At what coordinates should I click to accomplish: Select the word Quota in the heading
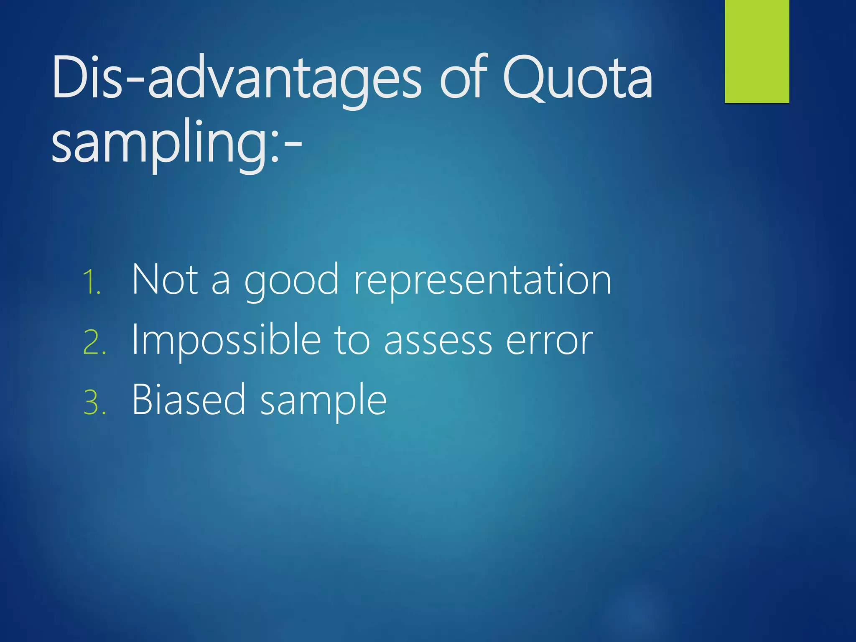click(x=577, y=79)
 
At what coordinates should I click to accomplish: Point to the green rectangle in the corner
click(x=757, y=51)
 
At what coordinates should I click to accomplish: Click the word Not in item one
click(x=165, y=279)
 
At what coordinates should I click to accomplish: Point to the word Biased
click(x=188, y=400)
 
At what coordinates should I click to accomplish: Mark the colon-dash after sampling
click(x=286, y=146)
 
